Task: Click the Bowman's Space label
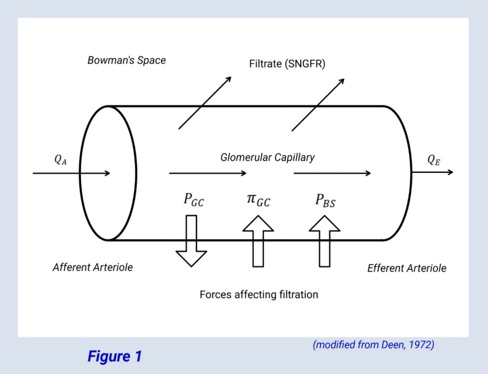pyautogui.click(x=127, y=60)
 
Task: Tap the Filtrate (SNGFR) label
pyautogui.click(x=287, y=64)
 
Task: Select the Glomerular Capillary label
pyautogui.click(x=267, y=158)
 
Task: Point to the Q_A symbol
pyautogui.click(x=61, y=159)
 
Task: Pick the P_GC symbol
pyautogui.click(x=194, y=200)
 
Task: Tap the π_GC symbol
pyautogui.click(x=258, y=200)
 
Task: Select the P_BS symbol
pyautogui.click(x=325, y=200)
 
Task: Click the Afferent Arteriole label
pyautogui.click(x=93, y=268)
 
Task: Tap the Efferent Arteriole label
pyautogui.click(x=406, y=268)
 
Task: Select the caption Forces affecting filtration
pyautogui.click(x=258, y=295)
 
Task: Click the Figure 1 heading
pyautogui.click(x=115, y=357)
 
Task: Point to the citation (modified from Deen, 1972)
pyautogui.click(x=373, y=345)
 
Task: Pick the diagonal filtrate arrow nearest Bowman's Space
pyautogui.click(x=205, y=103)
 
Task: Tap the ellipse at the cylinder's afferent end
pyautogui.click(x=108, y=172)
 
